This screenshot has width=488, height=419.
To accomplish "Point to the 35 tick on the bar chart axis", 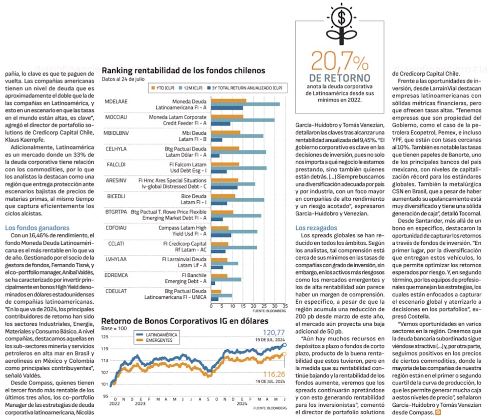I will [x=285, y=307].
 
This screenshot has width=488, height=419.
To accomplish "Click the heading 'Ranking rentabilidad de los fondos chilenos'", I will [x=183, y=70].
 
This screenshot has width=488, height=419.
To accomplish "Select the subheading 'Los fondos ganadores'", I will [x=37, y=228].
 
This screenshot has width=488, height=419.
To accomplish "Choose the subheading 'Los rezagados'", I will [x=316, y=228].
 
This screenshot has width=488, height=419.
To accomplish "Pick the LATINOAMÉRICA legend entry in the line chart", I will [x=158, y=335].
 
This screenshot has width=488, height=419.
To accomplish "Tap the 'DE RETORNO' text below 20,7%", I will [x=340, y=78].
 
